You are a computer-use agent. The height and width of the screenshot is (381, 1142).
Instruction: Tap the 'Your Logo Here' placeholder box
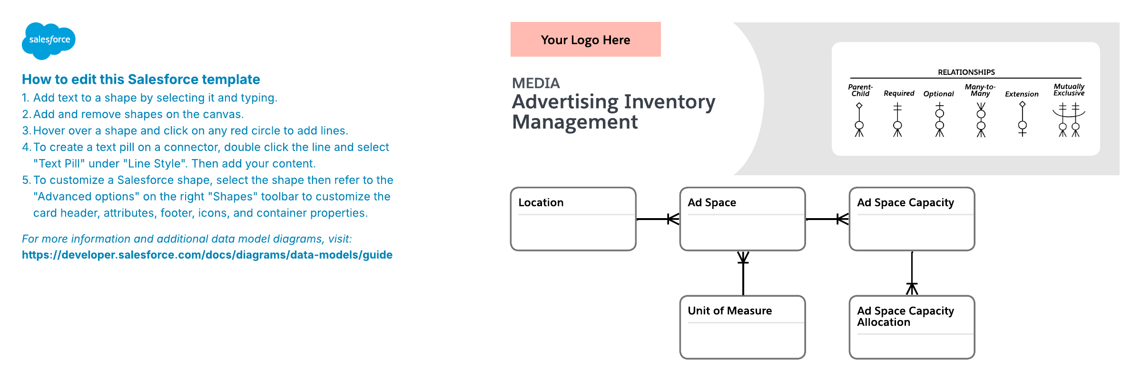(585, 40)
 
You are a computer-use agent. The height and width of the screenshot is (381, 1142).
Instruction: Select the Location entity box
(573, 219)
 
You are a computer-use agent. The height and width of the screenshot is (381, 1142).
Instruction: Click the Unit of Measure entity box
(742, 327)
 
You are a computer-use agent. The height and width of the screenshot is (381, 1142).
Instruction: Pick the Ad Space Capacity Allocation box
(912, 327)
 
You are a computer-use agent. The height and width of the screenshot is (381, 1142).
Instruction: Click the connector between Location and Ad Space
(658, 219)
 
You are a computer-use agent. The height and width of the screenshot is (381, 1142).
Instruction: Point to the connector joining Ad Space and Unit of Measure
(743, 273)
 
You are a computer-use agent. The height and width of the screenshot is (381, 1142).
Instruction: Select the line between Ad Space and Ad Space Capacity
(827, 219)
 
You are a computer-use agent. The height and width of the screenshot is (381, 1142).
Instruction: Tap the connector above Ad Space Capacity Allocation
(912, 273)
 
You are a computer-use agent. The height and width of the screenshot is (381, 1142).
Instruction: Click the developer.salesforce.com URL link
(207, 255)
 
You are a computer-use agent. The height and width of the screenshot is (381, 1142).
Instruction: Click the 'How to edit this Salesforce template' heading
(141, 79)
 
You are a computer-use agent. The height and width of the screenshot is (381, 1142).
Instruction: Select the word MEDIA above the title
(536, 83)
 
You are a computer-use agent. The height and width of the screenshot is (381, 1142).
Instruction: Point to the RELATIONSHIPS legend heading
(966, 72)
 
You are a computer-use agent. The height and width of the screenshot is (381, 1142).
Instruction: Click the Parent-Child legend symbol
(859, 120)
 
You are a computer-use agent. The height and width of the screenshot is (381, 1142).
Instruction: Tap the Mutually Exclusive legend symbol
(1069, 120)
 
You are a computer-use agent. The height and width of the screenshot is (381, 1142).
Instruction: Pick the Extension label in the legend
(1022, 94)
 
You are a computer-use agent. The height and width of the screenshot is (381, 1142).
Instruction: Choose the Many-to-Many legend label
(980, 90)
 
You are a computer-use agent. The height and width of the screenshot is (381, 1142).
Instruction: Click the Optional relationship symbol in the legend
(939, 120)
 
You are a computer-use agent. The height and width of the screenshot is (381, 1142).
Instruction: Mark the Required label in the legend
(899, 93)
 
